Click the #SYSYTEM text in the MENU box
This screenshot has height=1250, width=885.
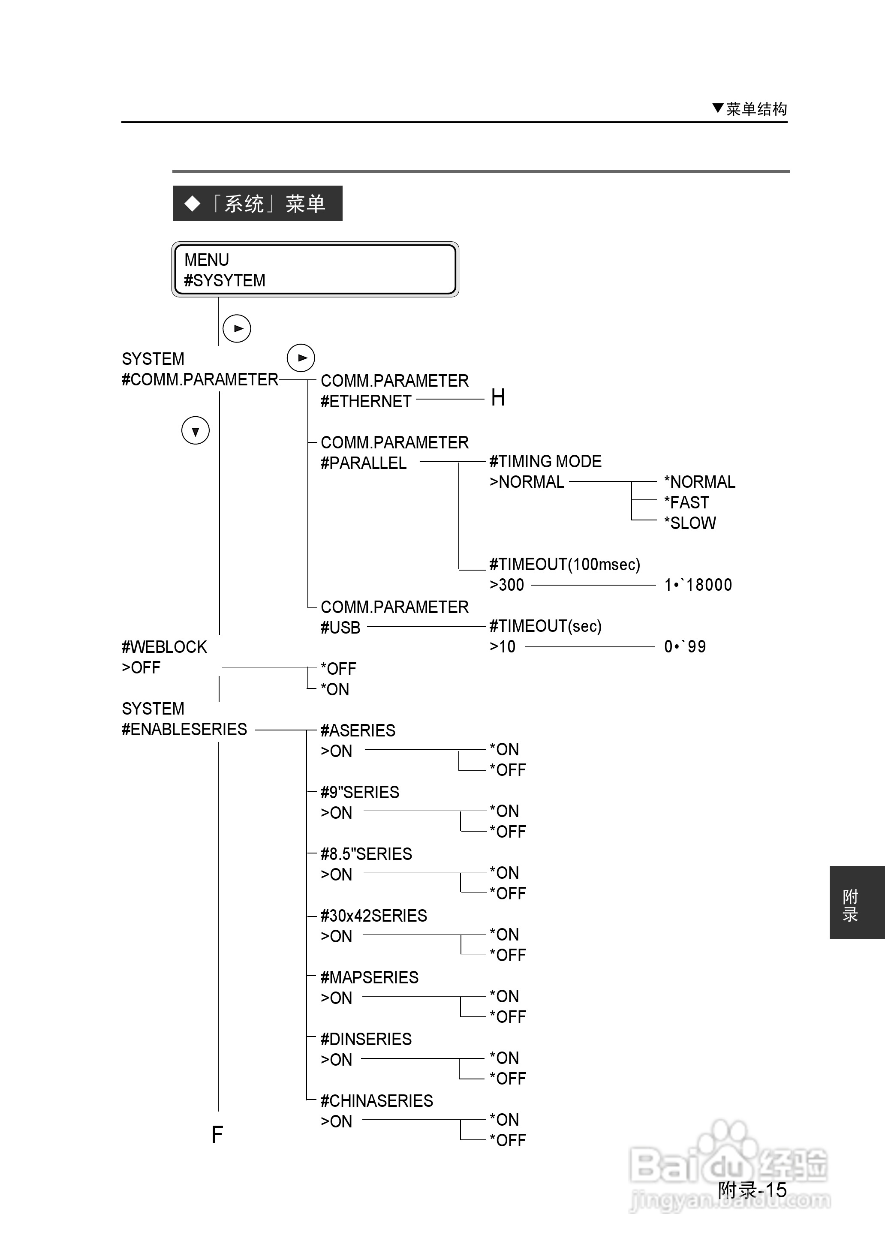pyautogui.click(x=225, y=280)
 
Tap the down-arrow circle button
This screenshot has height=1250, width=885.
pyautogui.click(x=195, y=431)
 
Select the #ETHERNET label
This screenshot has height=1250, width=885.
pyautogui.click(x=366, y=401)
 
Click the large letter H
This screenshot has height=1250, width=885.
pyautogui.click(x=497, y=398)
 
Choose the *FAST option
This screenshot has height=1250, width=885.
pyautogui.click(x=686, y=502)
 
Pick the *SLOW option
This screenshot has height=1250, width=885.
pyautogui.click(x=689, y=523)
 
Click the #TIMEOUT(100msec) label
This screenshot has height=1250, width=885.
pyautogui.click(x=565, y=564)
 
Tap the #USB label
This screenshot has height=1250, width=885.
pyautogui.click(x=340, y=628)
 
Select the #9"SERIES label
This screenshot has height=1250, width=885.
pyautogui.click(x=360, y=792)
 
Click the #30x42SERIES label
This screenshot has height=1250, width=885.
pyautogui.click(x=373, y=916)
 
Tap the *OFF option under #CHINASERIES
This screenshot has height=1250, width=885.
pyautogui.click(x=507, y=1140)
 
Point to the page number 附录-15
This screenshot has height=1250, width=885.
pyautogui.click(x=752, y=1190)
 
